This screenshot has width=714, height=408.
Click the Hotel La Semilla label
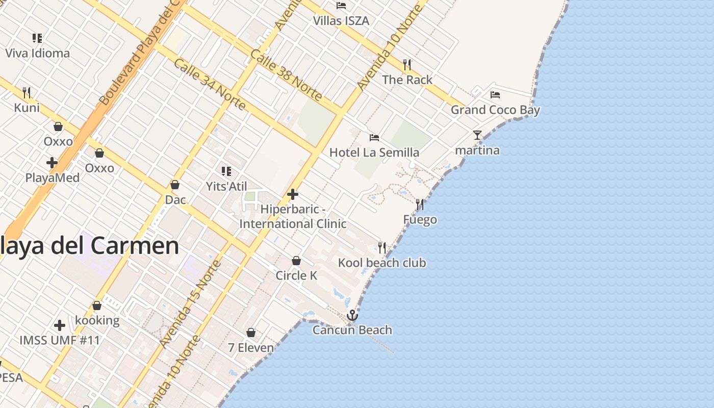(374, 152)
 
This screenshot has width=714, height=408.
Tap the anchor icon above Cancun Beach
(352, 315)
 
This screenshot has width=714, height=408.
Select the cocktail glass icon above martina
(477, 135)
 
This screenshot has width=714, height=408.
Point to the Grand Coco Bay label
(495, 110)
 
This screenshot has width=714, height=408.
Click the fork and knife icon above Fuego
(420, 205)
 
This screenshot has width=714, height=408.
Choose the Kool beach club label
(382, 263)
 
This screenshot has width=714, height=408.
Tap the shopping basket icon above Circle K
(296, 261)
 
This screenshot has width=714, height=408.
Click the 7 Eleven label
(251, 348)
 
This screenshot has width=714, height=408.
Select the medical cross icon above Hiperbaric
(293, 194)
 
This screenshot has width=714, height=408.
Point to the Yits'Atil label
(226, 186)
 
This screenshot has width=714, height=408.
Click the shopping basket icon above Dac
(175, 185)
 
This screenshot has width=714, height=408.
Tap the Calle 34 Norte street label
(210, 84)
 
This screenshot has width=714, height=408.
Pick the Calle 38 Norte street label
(287, 75)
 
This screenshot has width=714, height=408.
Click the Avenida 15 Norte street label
(190, 304)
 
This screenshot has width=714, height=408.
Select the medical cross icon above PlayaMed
(52, 163)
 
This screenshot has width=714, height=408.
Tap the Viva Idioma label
(37, 53)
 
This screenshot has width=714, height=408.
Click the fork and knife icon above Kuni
(27, 93)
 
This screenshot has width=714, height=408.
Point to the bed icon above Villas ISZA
(341, 6)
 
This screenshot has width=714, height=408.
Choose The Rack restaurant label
(407, 80)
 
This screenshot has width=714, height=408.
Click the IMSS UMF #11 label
(60, 340)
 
